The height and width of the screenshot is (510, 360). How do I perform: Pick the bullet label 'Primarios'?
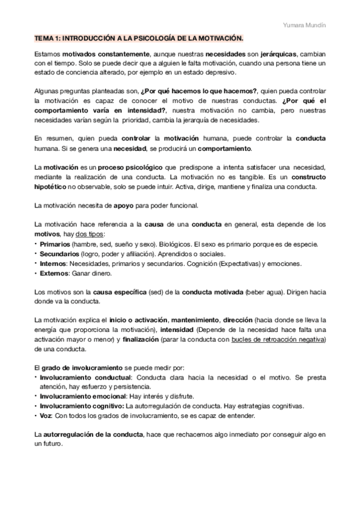pyautogui.click(x=54, y=244)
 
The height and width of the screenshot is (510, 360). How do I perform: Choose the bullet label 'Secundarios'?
pyautogui.click(x=59, y=254)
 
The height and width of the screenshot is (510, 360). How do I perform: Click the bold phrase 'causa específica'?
pyautogui.click(x=120, y=293)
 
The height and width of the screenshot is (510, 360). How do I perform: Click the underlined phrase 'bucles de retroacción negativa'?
pyautogui.click(x=274, y=340)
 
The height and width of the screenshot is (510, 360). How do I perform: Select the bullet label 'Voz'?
pyautogui.click(x=46, y=416)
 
